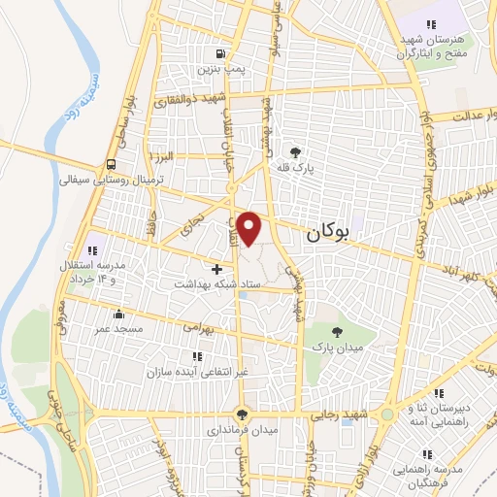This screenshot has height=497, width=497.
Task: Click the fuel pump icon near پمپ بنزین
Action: pyautogui.click(x=221, y=53)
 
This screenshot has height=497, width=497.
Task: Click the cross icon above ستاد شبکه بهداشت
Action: pyautogui.click(x=216, y=267)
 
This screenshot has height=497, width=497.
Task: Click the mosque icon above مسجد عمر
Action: pyautogui.click(x=118, y=314)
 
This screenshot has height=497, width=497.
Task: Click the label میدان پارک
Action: pyautogui.click(x=334, y=346)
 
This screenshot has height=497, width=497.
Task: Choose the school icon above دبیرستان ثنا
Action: pyautogui.click(x=440, y=394)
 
